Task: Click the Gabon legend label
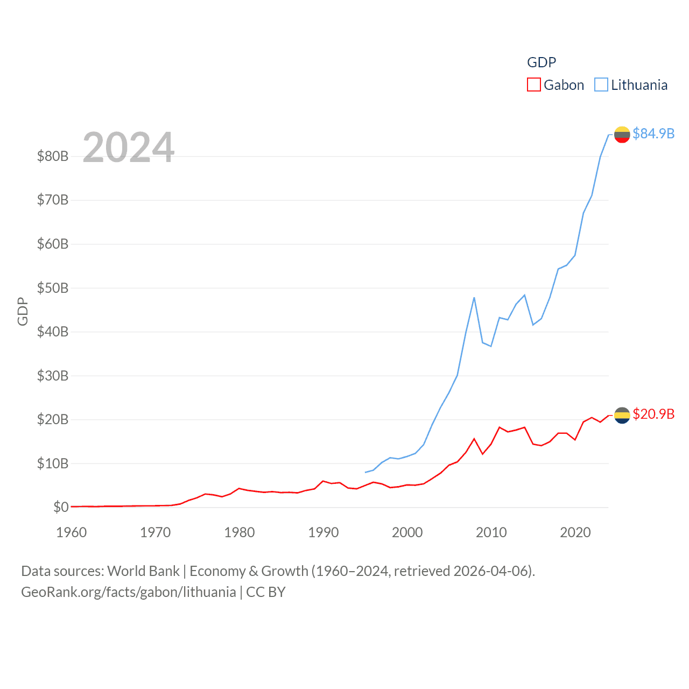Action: click(564, 85)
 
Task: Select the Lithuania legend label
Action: click(639, 85)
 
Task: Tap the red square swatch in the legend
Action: click(533, 85)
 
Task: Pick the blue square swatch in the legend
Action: click(601, 85)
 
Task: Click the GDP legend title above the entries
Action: click(541, 62)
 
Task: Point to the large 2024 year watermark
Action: click(129, 147)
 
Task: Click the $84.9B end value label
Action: click(653, 133)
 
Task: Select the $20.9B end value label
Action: click(653, 414)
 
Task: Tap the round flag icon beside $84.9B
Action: click(622, 135)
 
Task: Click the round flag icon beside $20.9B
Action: click(622, 415)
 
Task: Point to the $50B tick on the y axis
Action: click(53, 288)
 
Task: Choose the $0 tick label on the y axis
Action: click(61, 507)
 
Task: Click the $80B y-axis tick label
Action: click(53, 157)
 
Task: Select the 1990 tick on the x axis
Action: click(324, 532)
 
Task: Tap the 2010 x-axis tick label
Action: click(491, 532)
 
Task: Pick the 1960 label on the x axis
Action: click(72, 532)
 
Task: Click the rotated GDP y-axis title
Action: click(23, 311)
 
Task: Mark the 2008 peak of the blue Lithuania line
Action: click(474, 298)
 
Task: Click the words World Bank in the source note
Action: click(143, 571)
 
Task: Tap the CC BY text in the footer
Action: click(266, 592)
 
